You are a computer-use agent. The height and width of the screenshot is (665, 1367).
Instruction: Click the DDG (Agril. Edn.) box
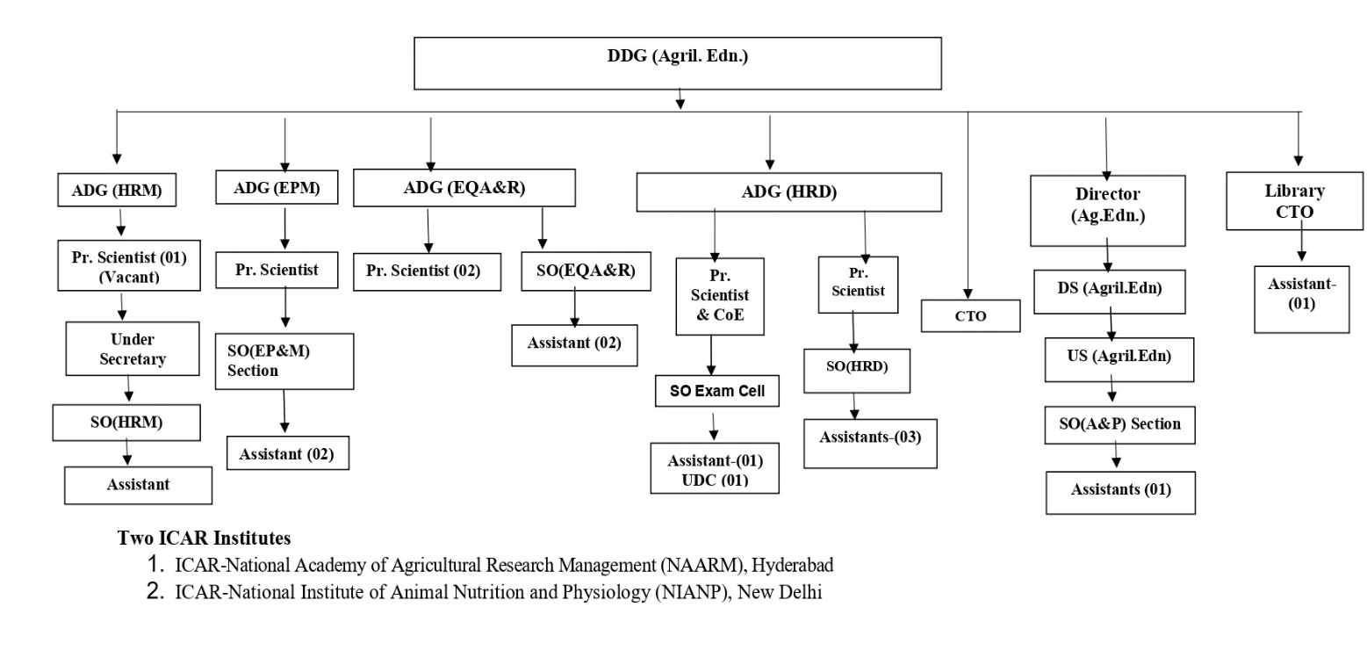coord(678,63)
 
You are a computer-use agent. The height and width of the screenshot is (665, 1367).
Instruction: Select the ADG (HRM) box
coord(117,190)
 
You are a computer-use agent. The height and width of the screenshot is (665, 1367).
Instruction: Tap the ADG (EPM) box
coord(277,187)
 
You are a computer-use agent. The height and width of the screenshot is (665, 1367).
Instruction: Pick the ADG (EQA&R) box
coord(464,187)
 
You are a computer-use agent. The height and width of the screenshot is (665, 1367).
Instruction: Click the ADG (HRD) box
coord(788,192)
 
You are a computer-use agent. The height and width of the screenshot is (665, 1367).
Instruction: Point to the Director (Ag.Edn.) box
coord(1108,211)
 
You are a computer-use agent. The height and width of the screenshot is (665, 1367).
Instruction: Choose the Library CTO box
coord(1294,201)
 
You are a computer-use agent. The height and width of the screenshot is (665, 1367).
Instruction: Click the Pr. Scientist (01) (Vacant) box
coord(129,265)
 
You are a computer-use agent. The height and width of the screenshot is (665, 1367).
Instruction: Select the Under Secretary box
coord(133,349)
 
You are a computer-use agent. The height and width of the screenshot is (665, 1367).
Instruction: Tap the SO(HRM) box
coord(126,423)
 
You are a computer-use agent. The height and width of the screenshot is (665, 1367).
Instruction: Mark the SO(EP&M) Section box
coord(284,362)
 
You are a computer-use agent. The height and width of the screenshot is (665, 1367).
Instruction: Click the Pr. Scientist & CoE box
coord(720,296)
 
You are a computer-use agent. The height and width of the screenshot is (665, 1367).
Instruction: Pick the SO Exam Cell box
coord(717,391)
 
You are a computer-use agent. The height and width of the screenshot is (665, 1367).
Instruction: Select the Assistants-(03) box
coord(870,444)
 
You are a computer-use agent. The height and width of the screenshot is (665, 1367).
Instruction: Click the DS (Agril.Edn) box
coord(1110,292)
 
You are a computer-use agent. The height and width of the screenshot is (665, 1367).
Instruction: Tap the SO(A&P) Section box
coord(1119,425)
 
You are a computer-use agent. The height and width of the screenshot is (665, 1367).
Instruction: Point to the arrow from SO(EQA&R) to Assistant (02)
coord(574,307)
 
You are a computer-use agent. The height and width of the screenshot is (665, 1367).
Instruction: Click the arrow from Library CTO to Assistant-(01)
coord(1301,241)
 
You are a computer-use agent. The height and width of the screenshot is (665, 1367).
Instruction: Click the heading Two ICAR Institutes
coord(204,538)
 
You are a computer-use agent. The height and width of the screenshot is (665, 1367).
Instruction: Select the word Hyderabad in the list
coord(792,566)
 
